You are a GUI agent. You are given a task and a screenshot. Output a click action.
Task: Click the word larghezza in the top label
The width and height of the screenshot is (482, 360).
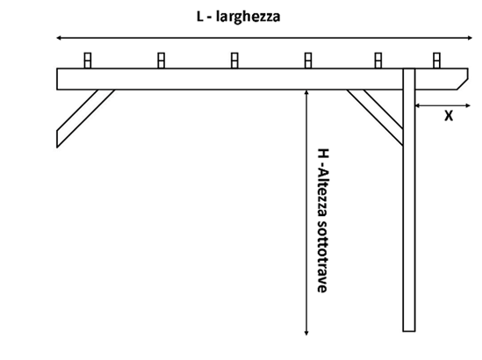(248, 17)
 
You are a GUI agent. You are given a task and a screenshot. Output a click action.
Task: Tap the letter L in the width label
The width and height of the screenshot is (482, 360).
(200, 17)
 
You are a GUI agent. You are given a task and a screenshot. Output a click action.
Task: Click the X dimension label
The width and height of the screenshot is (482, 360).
(449, 116)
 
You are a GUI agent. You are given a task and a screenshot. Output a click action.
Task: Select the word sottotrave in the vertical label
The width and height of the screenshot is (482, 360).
(322, 256)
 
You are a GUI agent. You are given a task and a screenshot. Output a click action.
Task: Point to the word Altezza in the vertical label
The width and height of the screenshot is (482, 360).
(323, 193)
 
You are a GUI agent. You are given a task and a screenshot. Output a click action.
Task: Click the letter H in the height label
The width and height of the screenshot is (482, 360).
(323, 153)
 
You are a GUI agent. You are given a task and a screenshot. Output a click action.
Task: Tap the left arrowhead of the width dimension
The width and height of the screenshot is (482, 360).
(59, 38)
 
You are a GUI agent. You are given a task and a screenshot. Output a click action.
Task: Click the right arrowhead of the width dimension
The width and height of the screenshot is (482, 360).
(470, 38)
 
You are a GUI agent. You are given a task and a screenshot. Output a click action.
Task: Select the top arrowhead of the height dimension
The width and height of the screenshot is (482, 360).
(306, 92)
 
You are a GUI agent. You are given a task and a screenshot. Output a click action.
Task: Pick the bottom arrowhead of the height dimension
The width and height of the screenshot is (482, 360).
(306, 332)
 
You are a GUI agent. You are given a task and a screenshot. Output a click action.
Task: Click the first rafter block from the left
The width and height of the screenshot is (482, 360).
(88, 61)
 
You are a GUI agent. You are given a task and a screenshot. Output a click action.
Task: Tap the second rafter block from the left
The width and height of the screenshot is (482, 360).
(161, 61)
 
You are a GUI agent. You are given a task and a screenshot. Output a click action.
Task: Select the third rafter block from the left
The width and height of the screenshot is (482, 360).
(234, 61)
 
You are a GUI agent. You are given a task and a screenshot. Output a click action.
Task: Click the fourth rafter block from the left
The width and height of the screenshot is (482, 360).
(308, 61)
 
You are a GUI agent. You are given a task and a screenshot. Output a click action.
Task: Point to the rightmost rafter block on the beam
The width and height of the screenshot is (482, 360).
(436, 61)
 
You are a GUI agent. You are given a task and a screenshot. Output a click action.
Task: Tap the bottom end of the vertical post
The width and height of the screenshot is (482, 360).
(409, 331)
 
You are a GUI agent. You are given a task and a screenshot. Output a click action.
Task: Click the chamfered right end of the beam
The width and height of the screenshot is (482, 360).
(463, 79)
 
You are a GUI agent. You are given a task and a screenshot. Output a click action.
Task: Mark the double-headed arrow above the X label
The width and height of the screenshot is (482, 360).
(442, 105)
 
